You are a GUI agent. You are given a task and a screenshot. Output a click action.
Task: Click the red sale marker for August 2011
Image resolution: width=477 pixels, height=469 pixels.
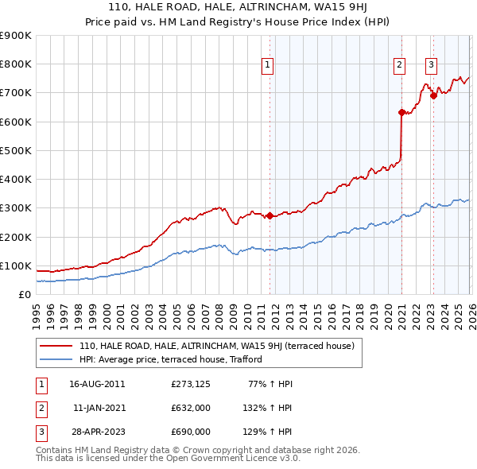pyautogui.click(x=270, y=215)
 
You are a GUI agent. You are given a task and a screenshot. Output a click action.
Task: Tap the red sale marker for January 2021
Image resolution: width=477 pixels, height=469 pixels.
pyautogui.click(x=401, y=112)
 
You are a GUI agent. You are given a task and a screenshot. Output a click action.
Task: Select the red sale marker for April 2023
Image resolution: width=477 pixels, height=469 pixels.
pyautogui.click(x=433, y=95)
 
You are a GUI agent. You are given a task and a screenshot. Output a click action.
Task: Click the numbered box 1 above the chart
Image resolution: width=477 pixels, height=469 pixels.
pyautogui.click(x=268, y=65)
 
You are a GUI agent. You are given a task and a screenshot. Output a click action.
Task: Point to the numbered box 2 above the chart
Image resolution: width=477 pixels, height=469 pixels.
pyautogui.click(x=399, y=65)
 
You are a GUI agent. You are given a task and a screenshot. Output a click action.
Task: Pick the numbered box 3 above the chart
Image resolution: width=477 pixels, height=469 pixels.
pyautogui.click(x=431, y=65)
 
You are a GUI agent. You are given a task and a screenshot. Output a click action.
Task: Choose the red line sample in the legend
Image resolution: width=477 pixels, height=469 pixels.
pyautogui.click(x=56, y=346)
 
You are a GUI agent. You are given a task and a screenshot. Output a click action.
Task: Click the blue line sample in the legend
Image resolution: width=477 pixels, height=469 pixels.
pyautogui.click(x=56, y=359)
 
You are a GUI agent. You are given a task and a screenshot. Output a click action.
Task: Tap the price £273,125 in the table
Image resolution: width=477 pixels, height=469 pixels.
pyautogui.click(x=190, y=383)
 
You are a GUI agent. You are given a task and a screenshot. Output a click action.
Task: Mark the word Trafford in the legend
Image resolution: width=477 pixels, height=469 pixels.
pyautogui.click(x=242, y=359)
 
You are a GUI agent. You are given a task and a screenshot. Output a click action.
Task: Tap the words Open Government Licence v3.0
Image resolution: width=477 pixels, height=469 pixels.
pyautogui.click(x=231, y=459)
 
